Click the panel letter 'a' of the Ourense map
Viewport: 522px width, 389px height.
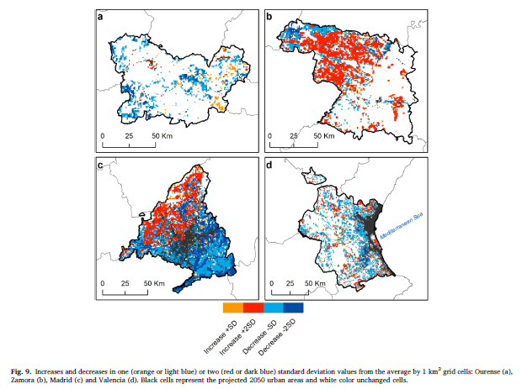coord(100,17)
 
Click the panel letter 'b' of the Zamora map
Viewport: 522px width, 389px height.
coord(269,17)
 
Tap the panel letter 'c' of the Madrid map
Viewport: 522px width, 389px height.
coord(100,166)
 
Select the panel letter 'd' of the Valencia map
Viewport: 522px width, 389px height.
coord(269,166)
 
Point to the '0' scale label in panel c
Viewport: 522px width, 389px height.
coord(103,283)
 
